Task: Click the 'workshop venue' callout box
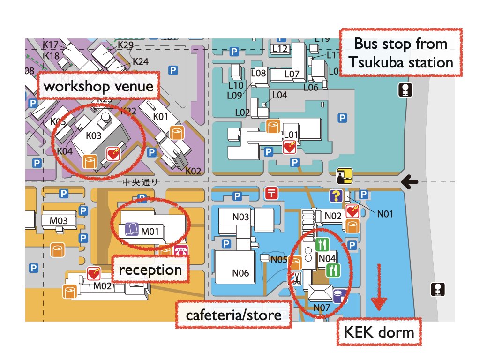point(98,86)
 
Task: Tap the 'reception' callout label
point(150,270)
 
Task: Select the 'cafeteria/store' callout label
point(233,315)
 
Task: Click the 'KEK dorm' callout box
point(379,332)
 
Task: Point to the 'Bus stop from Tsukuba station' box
point(400,53)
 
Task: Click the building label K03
point(93,135)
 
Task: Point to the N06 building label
point(241,273)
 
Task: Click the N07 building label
point(322,307)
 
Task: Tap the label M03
point(59,220)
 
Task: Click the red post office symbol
point(271,193)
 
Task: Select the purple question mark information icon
point(335,195)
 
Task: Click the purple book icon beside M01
point(130,230)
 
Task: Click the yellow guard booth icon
point(345,177)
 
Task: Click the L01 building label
point(291,135)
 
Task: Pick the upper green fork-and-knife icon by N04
point(322,244)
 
